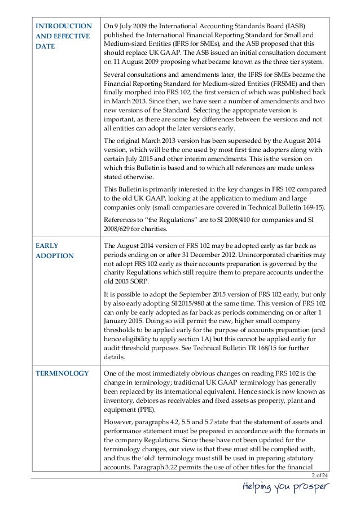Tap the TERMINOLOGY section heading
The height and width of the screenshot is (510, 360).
coord(62,373)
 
